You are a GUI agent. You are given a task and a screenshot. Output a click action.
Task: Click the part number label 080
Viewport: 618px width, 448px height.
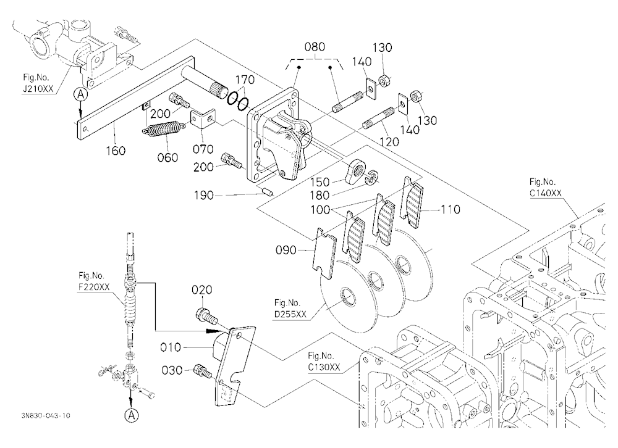[315, 47]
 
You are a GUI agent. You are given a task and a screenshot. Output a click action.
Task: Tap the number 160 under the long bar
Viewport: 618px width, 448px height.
[116, 151]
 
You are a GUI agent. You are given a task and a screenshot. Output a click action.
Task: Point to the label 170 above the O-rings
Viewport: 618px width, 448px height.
[245, 80]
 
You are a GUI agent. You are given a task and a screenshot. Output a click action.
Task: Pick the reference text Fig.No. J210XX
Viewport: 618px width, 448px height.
[38, 83]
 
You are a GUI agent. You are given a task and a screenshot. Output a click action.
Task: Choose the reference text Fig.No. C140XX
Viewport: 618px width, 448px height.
[545, 188]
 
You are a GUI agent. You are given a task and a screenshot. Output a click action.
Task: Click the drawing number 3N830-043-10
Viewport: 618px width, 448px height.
[46, 415]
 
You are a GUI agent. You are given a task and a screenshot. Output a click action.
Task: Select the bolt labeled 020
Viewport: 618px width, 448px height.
[205, 315]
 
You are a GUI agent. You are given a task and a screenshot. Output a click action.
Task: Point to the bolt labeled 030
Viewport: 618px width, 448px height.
[203, 371]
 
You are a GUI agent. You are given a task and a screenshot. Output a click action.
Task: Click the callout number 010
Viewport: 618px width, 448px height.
[171, 347]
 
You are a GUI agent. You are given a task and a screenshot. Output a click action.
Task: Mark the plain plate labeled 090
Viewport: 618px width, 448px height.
[325, 254]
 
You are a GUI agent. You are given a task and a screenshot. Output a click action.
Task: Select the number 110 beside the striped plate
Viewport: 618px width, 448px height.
[450, 209]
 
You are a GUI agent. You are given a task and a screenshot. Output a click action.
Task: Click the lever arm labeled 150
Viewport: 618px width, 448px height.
[357, 172]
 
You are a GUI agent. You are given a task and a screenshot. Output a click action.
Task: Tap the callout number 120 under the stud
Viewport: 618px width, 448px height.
[389, 142]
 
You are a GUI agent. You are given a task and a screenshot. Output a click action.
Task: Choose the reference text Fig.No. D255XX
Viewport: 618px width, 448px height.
[290, 309]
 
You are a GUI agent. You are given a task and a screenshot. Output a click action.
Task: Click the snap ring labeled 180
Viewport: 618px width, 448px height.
[372, 178]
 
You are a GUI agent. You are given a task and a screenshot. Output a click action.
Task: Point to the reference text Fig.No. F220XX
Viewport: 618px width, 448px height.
[94, 281]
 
